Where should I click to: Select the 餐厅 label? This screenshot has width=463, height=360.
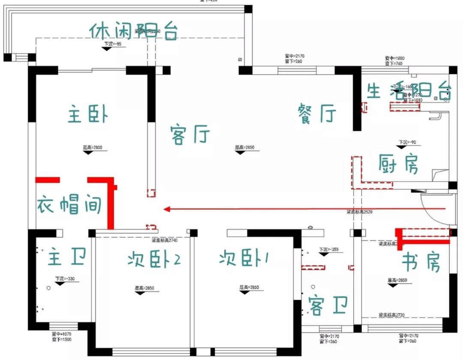click(317, 114)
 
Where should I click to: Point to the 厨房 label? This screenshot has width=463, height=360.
click(399, 164)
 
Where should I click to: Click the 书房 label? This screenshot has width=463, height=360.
click(421, 262)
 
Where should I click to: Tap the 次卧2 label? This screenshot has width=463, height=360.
click(153, 259)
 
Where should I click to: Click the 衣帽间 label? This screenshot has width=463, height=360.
click(69, 205)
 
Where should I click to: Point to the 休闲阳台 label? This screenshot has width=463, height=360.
click(133, 31)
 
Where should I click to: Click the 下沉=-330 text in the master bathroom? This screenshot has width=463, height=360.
click(65, 279)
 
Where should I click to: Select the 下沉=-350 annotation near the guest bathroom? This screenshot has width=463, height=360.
click(328, 249)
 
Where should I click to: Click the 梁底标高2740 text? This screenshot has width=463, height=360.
click(165, 240)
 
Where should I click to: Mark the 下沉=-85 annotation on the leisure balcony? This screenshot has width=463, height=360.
click(113, 44)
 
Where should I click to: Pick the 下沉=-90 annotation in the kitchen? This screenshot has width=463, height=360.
click(408, 142)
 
